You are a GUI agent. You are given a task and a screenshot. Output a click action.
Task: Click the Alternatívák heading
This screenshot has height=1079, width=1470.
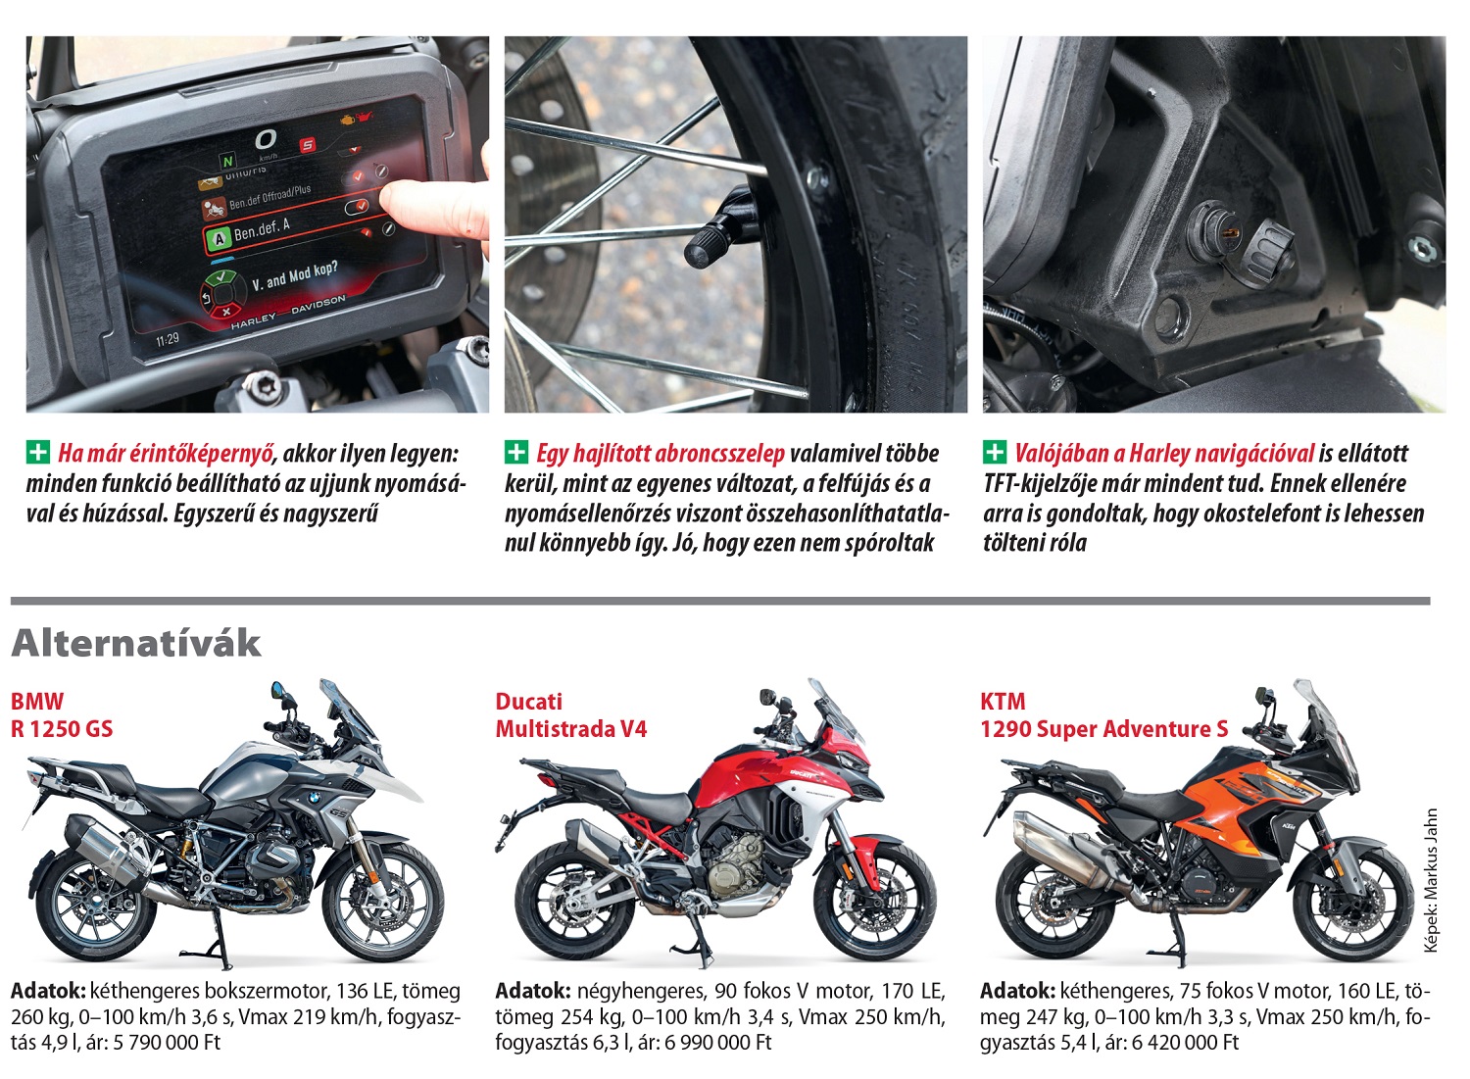136,643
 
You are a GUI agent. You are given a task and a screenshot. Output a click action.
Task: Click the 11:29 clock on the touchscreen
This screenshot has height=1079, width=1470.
168,339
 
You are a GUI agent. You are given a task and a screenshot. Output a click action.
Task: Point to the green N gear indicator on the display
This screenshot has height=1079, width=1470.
227,162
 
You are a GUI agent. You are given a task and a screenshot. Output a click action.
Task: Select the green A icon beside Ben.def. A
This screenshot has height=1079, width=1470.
220,239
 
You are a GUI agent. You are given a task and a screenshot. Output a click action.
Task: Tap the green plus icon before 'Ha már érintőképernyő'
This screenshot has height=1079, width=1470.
38,452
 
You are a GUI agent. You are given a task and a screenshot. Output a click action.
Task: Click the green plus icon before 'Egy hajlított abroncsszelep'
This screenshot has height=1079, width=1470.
516,452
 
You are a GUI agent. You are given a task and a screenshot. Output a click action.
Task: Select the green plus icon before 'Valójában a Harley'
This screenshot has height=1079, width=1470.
995,452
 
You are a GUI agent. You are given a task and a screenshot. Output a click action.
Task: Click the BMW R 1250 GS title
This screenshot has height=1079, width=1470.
62,714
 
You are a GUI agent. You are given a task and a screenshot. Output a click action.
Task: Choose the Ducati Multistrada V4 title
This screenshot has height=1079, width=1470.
571,714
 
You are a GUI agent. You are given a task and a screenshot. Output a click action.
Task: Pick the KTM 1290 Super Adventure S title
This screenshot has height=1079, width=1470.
1103,714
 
